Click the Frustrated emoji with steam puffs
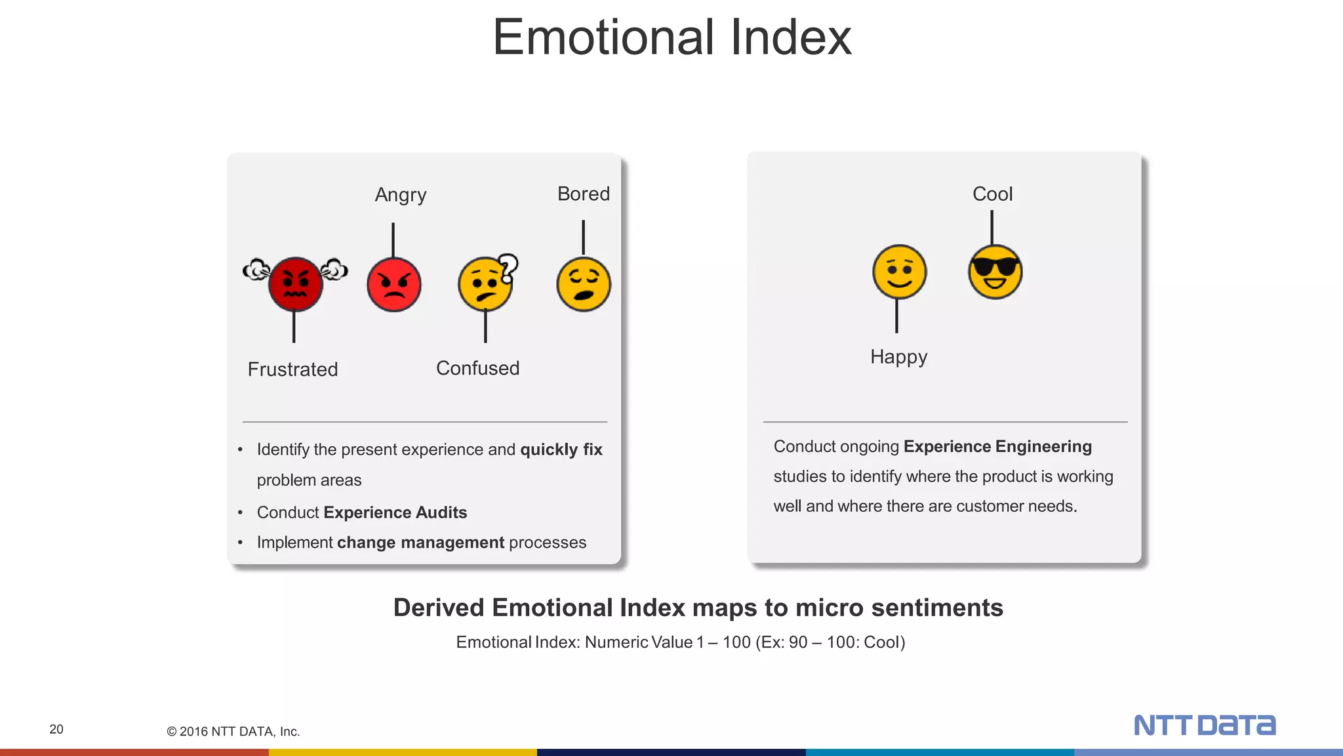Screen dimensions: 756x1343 [296, 284]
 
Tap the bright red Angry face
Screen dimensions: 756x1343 [393, 285]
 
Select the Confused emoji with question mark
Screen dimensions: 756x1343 [485, 285]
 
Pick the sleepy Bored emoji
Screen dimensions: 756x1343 [583, 284]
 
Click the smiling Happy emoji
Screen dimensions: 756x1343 [899, 272]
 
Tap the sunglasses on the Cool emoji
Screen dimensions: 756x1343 [995, 267]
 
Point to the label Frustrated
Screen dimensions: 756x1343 [292, 369]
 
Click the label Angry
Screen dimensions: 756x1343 [401, 195]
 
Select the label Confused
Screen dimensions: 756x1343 [477, 368]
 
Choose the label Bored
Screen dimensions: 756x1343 [583, 194]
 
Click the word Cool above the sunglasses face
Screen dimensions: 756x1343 [992, 194]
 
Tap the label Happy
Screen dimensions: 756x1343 [898, 357]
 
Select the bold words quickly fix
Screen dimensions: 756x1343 [561, 450]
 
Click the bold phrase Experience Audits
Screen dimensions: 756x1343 [395, 513]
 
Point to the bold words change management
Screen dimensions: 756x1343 [420, 543]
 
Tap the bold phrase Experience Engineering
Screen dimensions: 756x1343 [997, 447]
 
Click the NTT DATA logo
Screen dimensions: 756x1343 [1204, 725]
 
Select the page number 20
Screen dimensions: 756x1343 [56, 729]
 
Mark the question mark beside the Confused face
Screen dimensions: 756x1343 [508, 267]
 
